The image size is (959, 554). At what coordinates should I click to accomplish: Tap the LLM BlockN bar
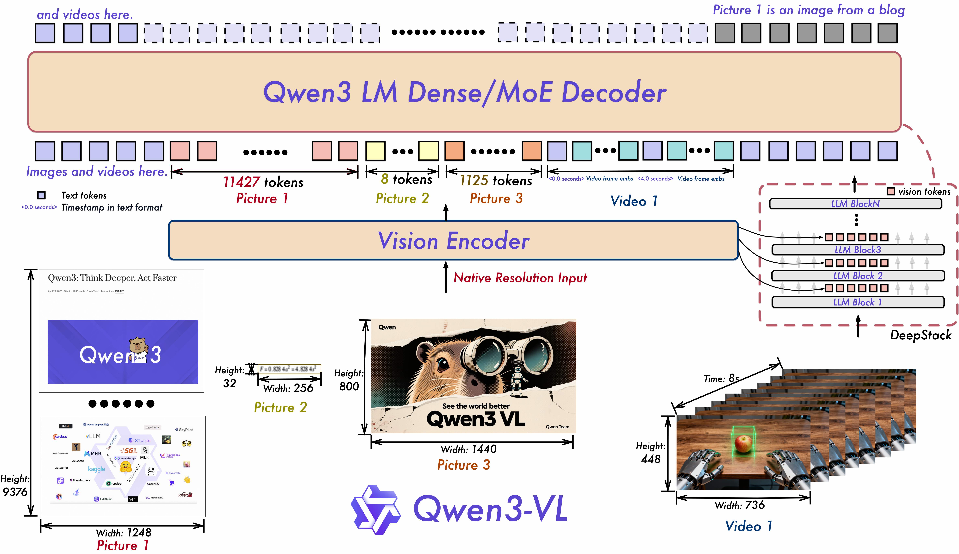point(855,204)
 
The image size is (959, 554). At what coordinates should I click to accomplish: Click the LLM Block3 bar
point(857,250)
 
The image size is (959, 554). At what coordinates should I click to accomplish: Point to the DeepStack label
point(921,335)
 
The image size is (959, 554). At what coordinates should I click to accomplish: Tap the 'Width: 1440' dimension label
point(468,449)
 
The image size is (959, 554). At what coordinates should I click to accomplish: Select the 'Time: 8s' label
point(721,379)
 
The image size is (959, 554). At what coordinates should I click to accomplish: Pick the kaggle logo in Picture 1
point(96,469)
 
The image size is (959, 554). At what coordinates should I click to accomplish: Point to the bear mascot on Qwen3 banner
point(138,347)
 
